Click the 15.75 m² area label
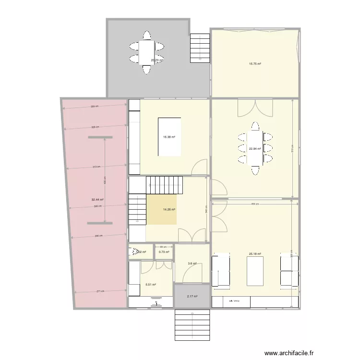coord(254,63)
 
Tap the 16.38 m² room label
coord(169,137)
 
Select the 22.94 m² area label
coord(254,149)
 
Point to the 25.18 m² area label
coord(254,254)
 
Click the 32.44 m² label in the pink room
coord(98,200)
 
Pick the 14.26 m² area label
coord(169,209)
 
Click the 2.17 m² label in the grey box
coord(192,296)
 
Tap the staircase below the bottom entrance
coord(192,325)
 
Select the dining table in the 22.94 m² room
coord(254,146)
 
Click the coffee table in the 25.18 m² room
coord(255,271)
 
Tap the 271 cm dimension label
coord(101,291)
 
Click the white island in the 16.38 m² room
coord(169,137)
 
